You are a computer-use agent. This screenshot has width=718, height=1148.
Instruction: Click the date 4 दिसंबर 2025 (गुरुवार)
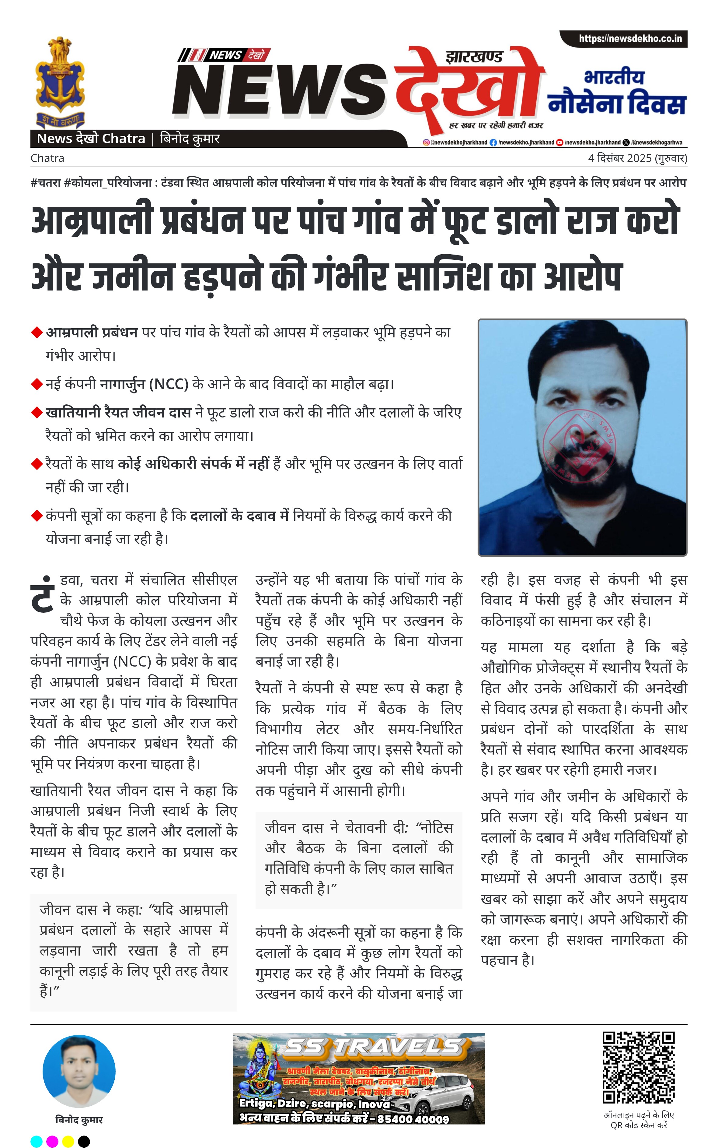(637, 158)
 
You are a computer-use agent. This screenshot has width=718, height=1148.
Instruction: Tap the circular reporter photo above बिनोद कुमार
(79, 1072)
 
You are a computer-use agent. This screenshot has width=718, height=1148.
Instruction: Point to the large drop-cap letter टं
(43, 595)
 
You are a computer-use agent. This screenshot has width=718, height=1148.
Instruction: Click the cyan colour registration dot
(37, 1141)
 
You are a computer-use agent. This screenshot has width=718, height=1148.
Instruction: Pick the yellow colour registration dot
(68, 1141)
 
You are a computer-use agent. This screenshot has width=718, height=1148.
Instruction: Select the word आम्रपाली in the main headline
(92, 221)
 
